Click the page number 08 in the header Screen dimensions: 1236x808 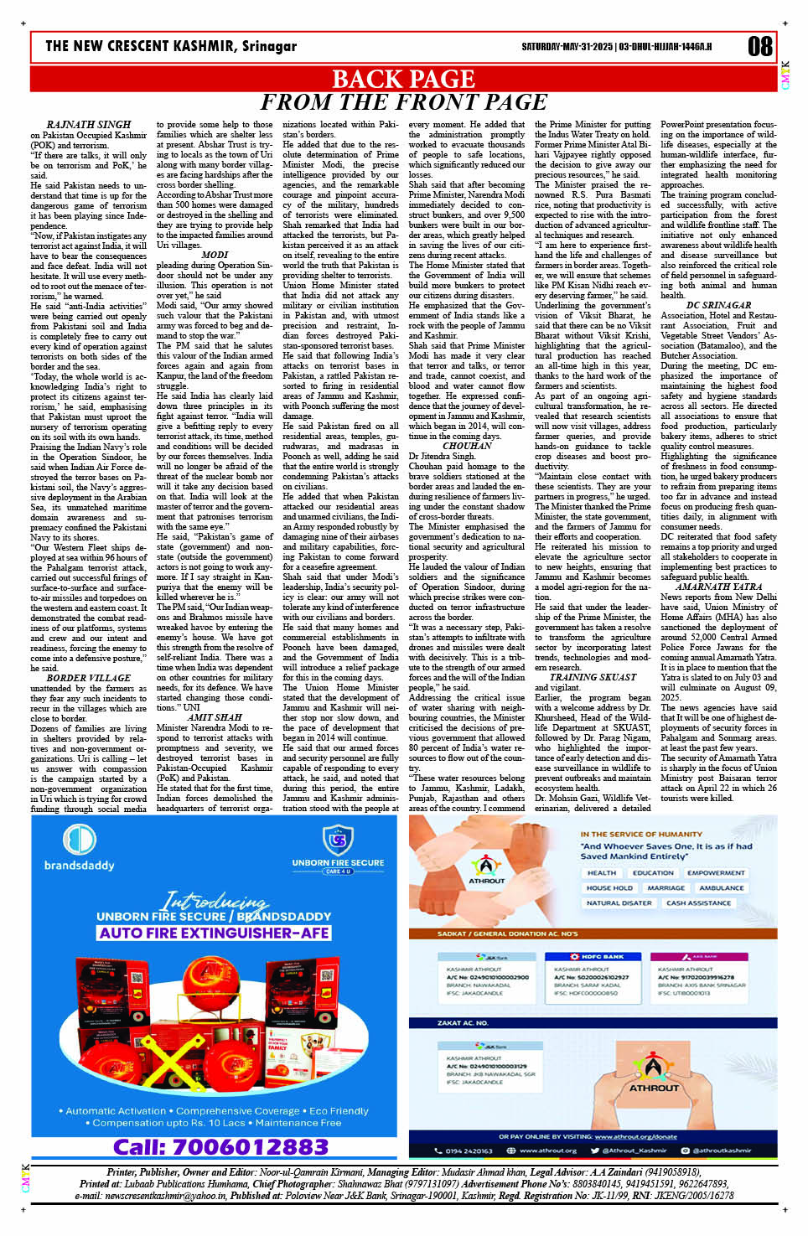point(759,46)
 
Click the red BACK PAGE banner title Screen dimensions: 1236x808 point(403,80)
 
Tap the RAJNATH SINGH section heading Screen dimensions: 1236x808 point(89,125)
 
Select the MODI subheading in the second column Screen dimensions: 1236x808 point(215,255)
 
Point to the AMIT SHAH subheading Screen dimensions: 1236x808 point(215,717)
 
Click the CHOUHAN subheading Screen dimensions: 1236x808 point(467,446)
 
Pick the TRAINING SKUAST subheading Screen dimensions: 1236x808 point(593,677)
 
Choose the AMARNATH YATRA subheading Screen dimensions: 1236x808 point(718,587)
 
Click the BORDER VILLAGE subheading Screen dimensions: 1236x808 point(89,677)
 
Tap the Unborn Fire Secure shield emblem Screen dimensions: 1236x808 point(338,839)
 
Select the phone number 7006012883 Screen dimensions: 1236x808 point(220,1146)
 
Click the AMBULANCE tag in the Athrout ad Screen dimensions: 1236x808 point(721,887)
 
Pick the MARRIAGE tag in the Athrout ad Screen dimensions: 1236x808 point(666,887)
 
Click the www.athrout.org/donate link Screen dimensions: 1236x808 point(635,1137)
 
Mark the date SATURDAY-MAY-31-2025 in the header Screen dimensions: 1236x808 point(567,47)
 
